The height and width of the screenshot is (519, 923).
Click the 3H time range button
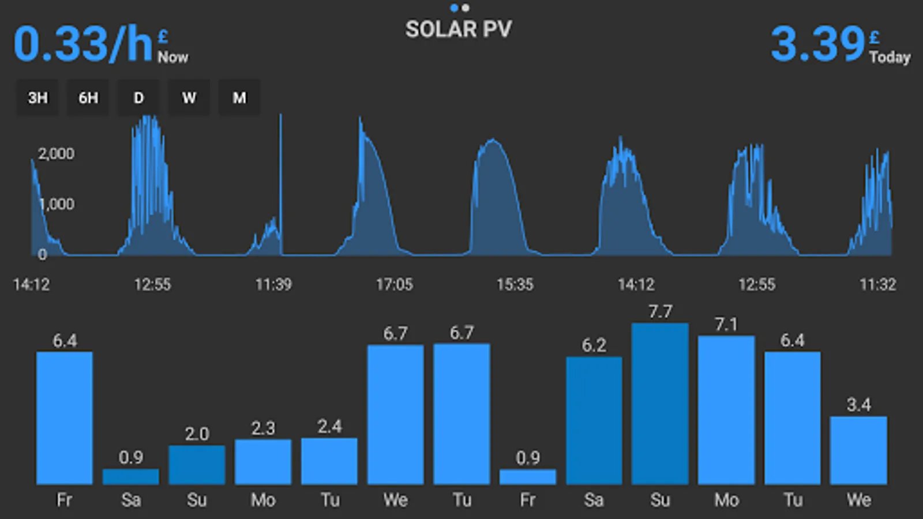tap(37, 98)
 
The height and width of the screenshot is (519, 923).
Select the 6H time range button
tap(88, 98)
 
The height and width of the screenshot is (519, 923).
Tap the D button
tap(138, 98)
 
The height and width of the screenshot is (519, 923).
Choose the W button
tap(189, 98)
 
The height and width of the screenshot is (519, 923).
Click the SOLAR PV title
tap(458, 29)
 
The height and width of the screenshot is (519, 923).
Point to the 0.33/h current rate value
tap(83, 44)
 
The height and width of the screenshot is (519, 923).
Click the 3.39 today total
tap(817, 44)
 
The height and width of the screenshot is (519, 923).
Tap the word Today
tap(890, 57)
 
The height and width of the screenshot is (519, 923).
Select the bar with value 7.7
tap(660, 404)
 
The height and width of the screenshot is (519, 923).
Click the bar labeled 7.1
tap(726, 409)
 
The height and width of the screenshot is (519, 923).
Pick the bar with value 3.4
tap(858, 450)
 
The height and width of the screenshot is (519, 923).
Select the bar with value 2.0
tap(197, 464)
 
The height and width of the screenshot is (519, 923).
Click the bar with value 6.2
tap(594, 420)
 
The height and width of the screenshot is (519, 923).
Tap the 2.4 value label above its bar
tap(329, 427)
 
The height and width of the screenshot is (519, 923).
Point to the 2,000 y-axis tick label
tap(56, 154)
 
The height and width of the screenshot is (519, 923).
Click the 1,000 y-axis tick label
tap(57, 204)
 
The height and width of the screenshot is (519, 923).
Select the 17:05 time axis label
tap(395, 284)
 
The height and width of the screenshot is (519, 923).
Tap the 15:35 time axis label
tap(515, 284)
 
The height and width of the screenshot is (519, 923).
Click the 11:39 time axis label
tap(273, 284)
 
